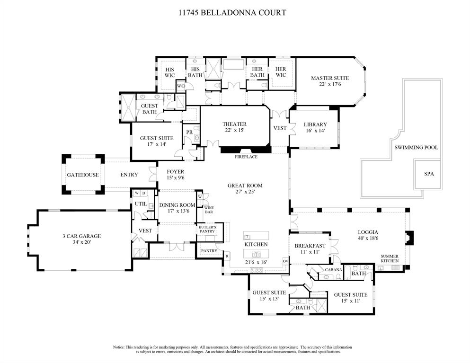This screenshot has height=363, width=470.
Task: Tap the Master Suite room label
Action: point(329,81)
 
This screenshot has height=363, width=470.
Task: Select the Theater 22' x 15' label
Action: point(235,127)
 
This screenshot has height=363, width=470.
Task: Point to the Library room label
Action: point(315,128)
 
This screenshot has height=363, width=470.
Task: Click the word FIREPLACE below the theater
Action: point(246,157)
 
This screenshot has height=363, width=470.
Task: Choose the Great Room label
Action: point(245,188)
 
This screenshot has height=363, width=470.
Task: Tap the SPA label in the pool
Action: point(429,174)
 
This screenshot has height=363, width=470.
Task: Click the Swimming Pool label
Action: point(416,148)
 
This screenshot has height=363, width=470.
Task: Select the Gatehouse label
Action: point(82,175)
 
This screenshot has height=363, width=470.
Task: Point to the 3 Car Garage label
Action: point(82,239)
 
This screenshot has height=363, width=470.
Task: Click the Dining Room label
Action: point(177,208)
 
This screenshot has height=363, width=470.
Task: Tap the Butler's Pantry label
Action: point(207,229)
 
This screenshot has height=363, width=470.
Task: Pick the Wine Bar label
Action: point(209,209)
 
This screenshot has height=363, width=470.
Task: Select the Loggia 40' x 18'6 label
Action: point(368,235)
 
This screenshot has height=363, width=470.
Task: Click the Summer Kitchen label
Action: point(390,258)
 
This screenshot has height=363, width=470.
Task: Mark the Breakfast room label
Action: point(310,248)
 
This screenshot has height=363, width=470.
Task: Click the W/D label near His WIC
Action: point(181,86)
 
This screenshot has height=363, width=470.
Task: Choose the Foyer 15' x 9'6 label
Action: point(175,175)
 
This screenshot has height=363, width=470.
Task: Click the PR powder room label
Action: point(189,132)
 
